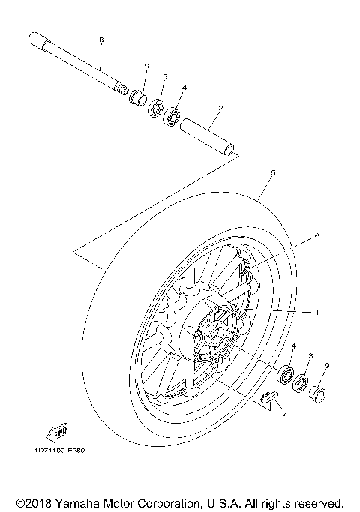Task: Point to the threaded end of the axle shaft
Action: [119, 89]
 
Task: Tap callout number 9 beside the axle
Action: [147, 67]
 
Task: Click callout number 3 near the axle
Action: [164, 76]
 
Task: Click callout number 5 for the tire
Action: [273, 173]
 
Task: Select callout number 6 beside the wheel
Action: [316, 236]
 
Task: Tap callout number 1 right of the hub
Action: [316, 311]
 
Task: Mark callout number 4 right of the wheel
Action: [294, 346]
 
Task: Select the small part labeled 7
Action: [268, 397]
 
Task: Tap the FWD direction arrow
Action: [57, 432]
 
